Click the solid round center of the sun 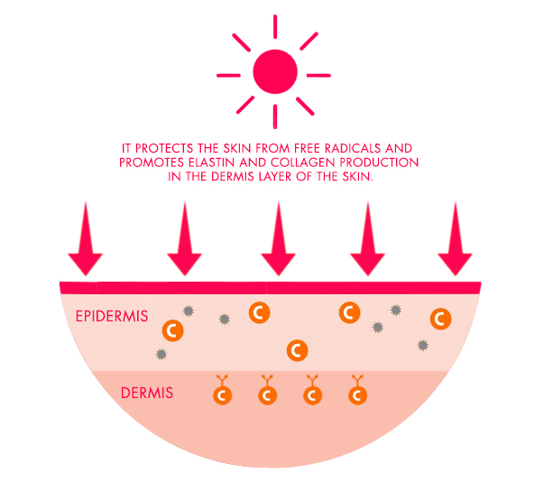coord(275,71)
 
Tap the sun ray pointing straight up coord(275,26)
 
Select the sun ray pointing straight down coord(275,116)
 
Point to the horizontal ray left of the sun coord(228,75)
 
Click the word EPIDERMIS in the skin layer coord(112,316)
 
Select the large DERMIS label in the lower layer coord(147,393)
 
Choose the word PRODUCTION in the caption coord(380,162)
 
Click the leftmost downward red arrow coord(86,238)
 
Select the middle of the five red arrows coord(278,238)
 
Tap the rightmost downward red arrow coord(455,238)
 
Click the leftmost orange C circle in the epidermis coord(173,330)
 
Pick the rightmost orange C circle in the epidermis coord(441,319)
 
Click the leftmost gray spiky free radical coord(161,355)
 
